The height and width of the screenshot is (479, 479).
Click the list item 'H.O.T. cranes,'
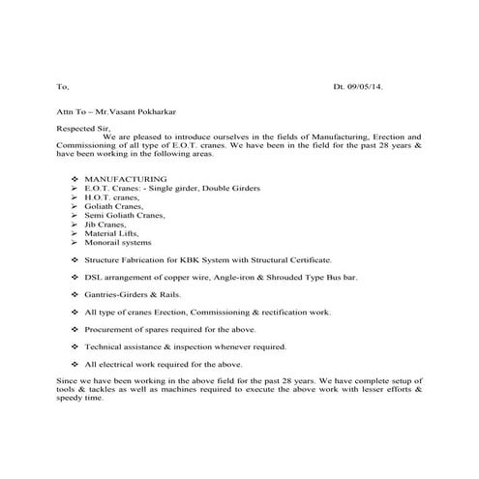click(112, 196)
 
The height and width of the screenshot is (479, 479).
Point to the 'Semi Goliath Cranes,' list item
click(124, 215)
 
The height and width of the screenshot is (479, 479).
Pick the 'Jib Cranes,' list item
click(107, 224)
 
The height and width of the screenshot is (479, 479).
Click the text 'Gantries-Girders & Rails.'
click(132, 294)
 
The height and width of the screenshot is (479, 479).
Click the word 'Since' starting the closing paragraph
click(67, 380)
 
